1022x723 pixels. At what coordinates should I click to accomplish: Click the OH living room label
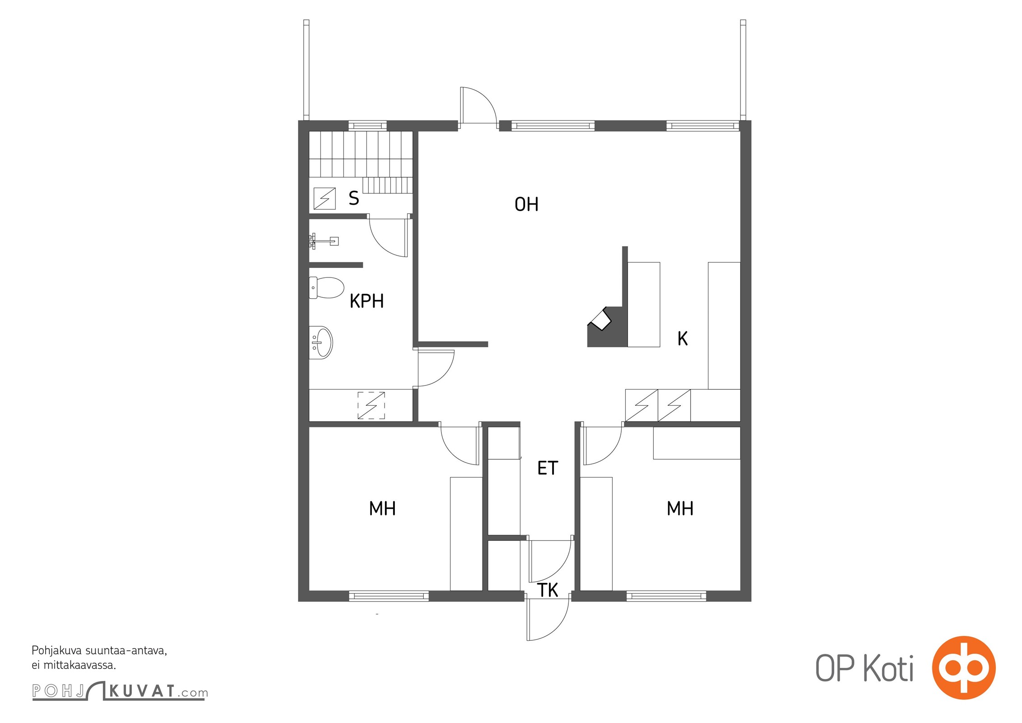pos(526,205)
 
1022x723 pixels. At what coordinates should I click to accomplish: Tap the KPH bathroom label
pos(366,301)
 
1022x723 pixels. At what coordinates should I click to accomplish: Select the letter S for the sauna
pos(354,198)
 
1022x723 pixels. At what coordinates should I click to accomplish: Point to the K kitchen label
pos(682,338)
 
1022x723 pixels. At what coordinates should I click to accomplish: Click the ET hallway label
pos(548,468)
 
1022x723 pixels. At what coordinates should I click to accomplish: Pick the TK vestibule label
pos(548,590)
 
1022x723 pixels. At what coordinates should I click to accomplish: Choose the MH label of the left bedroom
pos(382,509)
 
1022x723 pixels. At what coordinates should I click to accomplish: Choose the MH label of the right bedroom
pos(680,509)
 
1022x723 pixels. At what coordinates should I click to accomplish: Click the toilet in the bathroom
pos(326,288)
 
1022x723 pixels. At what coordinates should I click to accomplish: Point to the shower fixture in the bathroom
pos(323,241)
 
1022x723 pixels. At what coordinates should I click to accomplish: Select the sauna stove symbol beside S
pos(325,198)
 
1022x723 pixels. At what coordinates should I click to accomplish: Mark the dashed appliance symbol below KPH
pos(371,405)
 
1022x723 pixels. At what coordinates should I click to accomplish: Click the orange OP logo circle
pos(964,668)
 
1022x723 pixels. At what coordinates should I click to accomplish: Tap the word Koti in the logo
pos(888,668)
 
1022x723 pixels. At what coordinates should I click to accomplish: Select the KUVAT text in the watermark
pos(142,691)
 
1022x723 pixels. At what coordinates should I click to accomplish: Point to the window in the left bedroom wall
pos(389,596)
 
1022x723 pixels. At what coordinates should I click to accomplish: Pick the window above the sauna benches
pos(368,126)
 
